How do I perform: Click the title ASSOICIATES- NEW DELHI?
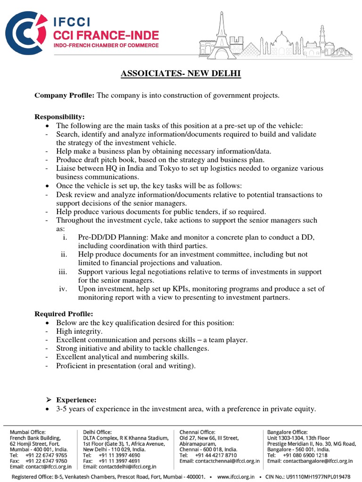[x=181, y=74]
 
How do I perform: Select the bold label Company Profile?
[x=65, y=96]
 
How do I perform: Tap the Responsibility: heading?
[x=60, y=117]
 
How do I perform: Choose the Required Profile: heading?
[x=64, y=314]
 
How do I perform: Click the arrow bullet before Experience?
[x=47, y=400]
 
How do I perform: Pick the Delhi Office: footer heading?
[x=97, y=432]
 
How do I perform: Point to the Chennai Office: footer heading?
[x=197, y=432]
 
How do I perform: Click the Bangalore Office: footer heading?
[x=288, y=432]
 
